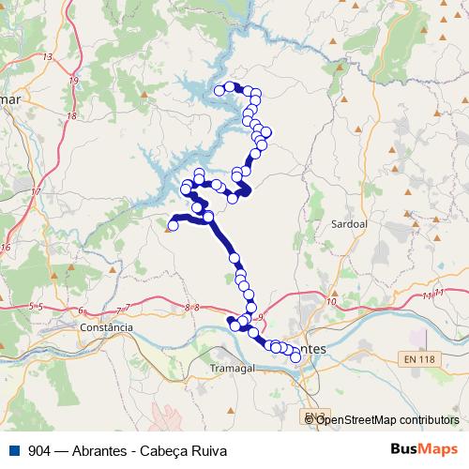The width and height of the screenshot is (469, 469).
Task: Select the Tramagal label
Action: tap(233, 368)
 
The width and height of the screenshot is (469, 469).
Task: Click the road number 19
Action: tap(73, 81)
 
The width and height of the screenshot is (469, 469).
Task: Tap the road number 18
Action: tap(72, 115)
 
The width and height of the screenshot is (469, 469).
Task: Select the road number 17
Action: tap(37, 192)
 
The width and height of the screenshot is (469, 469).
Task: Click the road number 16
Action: tap(5, 248)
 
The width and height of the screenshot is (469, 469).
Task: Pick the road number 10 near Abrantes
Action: tap(331, 301)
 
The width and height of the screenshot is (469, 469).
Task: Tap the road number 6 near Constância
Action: tap(82, 310)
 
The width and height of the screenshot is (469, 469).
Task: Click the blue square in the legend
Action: tap(12, 450)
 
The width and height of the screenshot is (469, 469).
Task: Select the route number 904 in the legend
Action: tap(40, 450)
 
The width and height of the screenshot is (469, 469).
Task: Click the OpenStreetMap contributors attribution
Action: tap(386, 420)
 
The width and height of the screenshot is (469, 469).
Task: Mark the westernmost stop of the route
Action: tap(173, 225)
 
